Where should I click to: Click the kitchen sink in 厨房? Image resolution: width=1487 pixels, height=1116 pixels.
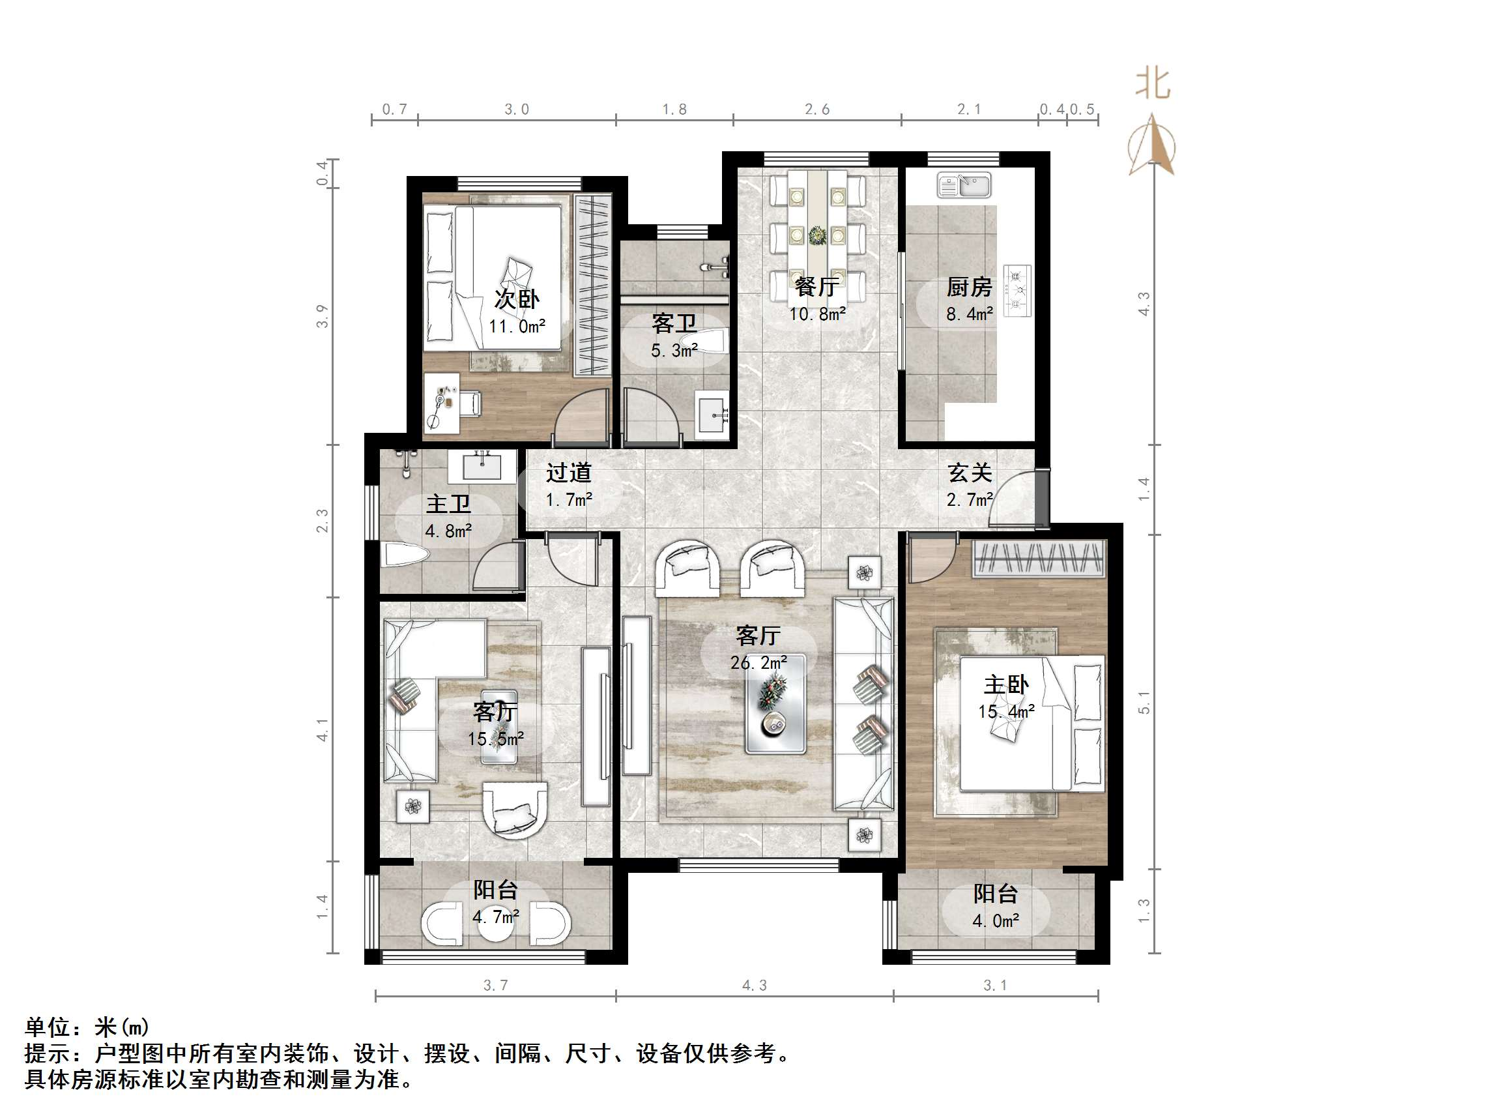pyautogui.click(x=964, y=185)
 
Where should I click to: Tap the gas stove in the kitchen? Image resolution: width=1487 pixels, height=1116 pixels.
pyautogui.click(x=1018, y=290)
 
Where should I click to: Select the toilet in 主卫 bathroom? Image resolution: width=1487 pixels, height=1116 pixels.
pyautogui.click(x=405, y=555)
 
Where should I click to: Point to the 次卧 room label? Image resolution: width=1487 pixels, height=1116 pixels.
pyautogui.click(x=516, y=299)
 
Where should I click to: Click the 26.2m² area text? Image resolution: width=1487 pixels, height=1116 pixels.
pyautogui.click(x=758, y=662)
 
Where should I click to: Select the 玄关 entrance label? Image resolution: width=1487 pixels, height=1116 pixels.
pyautogui.click(x=970, y=473)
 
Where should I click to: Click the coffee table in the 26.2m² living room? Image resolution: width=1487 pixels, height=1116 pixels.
pyautogui.click(x=775, y=703)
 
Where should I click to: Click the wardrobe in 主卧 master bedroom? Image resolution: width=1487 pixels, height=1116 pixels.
pyautogui.click(x=1039, y=559)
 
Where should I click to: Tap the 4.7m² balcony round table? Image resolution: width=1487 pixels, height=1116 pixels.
pyautogui.click(x=495, y=922)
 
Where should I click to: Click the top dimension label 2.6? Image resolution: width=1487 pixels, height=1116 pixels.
pyautogui.click(x=816, y=109)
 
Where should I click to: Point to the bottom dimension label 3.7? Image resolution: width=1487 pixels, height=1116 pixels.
pyautogui.click(x=495, y=985)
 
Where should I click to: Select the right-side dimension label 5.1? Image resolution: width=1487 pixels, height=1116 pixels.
pyautogui.click(x=1144, y=701)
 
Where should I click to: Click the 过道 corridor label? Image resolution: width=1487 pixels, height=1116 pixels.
pyautogui.click(x=568, y=473)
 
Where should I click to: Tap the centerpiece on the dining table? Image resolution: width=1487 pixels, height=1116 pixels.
pyautogui.click(x=816, y=235)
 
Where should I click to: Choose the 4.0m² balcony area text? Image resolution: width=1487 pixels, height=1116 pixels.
pyautogui.click(x=996, y=921)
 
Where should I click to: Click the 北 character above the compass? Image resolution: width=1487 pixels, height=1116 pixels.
pyautogui.click(x=1152, y=84)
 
